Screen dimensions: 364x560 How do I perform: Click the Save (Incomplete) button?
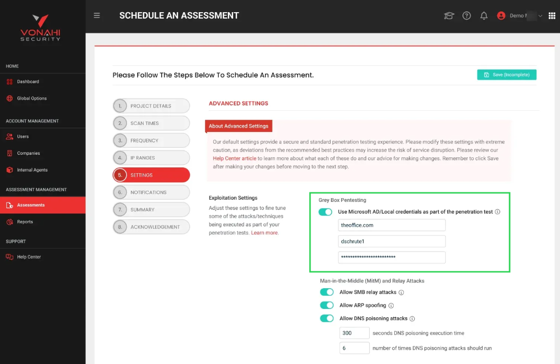click(506, 75)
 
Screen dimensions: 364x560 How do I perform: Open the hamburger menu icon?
click(97, 15)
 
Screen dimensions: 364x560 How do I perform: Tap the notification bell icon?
click(484, 16)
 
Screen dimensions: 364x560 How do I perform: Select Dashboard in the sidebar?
click(28, 82)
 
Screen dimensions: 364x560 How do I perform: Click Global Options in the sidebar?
click(32, 99)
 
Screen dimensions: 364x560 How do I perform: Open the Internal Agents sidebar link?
click(32, 170)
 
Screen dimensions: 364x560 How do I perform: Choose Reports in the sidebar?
click(25, 222)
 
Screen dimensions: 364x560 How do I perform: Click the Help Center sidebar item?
click(29, 257)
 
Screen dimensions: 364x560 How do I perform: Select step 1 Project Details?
click(151, 106)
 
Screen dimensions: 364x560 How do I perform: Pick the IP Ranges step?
click(151, 158)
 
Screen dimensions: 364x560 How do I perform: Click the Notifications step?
click(151, 192)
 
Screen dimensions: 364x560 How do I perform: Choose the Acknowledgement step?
click(151, 227)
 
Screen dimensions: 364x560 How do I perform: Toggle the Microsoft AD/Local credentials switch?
click(325, 212)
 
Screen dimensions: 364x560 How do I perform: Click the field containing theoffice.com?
click(392, 225)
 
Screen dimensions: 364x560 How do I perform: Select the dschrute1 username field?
click(392, 242)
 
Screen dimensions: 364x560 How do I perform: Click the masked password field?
click(392, 258)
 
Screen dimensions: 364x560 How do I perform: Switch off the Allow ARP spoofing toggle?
click(327, 305)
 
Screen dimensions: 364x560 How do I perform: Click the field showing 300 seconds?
click(354, 333)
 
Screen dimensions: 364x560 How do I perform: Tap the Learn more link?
click(264, 233)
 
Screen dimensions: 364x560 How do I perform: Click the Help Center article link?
click(235, 158)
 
